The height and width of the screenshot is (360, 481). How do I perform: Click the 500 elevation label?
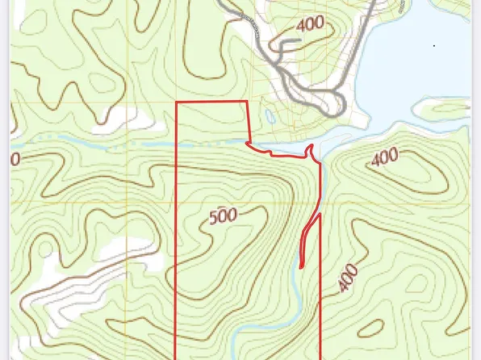[x=224, y=216]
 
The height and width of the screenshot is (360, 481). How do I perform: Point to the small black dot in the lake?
[x=433, y=46]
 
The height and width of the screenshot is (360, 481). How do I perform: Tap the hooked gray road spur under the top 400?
[x=279, y=49]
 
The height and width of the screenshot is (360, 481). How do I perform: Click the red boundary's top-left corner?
[x=177, y=103]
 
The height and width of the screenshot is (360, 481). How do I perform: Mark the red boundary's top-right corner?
[x=246, y=103]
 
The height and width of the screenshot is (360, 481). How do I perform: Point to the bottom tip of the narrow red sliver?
[x=300, y=266]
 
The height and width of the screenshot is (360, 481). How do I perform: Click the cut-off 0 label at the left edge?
[x=15, y=159]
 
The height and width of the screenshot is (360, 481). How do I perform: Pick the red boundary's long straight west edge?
[x=177, y=242]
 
